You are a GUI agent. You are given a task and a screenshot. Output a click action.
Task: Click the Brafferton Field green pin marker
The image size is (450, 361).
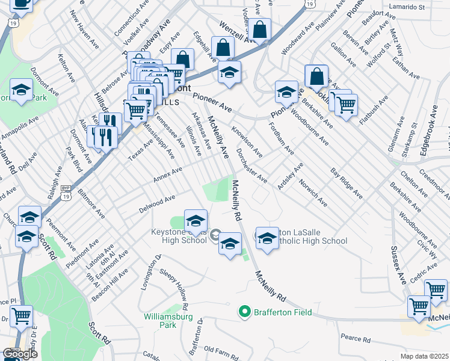[x=244, y=311]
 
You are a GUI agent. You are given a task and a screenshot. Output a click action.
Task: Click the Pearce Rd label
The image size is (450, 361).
[x=354, y=339]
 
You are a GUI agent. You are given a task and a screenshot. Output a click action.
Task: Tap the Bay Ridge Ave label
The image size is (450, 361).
[x=347, y=183]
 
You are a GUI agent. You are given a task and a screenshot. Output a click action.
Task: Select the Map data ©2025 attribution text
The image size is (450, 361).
[x=424, y=356]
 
